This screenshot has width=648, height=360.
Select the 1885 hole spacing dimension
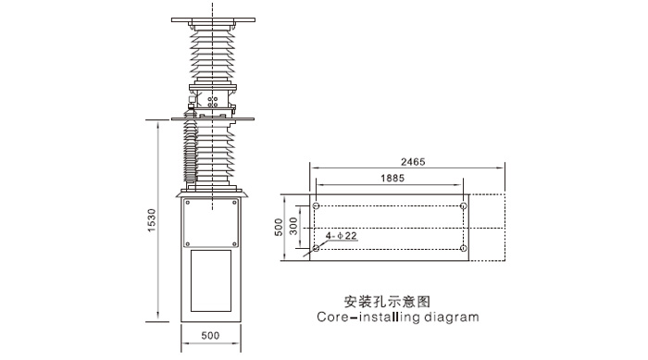point(390,178)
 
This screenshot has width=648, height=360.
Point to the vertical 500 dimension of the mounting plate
point(278,227)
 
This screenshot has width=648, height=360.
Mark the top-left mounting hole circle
point(317,205)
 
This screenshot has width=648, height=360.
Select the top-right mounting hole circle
point(463,205)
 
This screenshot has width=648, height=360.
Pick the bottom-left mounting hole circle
point(317,249)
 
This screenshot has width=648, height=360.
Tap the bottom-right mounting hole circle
point(463,249)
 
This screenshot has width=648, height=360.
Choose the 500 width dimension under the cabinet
point(211,336)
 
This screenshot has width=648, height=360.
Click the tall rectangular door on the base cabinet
point(211,279)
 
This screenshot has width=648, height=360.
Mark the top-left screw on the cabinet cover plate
point(187,203)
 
